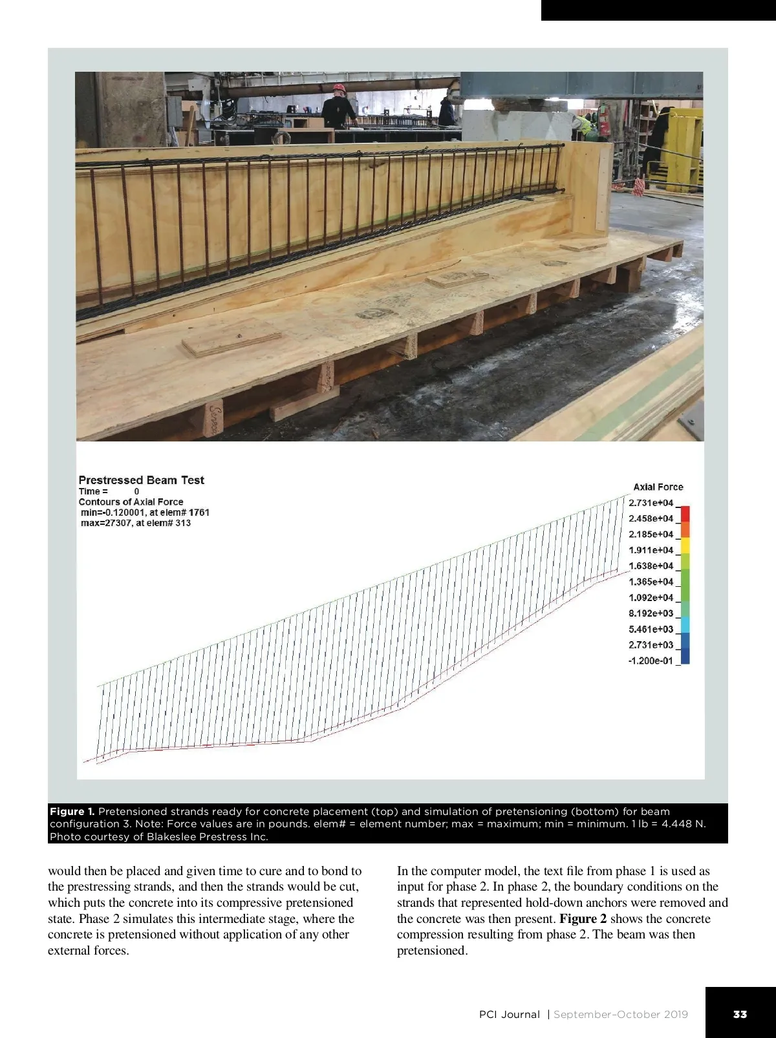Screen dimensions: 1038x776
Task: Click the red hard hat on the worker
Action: tap(339, 88)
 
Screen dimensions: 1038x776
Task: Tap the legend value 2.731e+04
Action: tap(651, 503)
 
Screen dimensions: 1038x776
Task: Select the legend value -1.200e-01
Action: tap(650, 661)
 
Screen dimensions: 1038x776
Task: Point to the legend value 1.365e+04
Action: tap(651, 582)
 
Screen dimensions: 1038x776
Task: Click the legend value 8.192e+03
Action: tap(651, 613)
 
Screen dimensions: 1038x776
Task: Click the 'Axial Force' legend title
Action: tap(658, 487)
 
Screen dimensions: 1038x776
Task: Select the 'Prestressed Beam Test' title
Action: tap(141, 480)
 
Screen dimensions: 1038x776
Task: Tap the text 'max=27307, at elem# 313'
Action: tap(136, 523)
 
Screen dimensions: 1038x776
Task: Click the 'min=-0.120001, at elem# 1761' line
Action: tap(145, 513)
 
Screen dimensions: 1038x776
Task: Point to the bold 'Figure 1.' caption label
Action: tap(72, 812)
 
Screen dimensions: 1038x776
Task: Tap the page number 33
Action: tap(740, 1015)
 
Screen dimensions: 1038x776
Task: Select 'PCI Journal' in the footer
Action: tap(509, 1015)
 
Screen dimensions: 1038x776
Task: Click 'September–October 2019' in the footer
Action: tap(621, 1015)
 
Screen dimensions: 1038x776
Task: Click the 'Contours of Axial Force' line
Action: tap(131, 502)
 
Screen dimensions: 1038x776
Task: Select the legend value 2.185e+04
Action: tap(651, 535)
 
